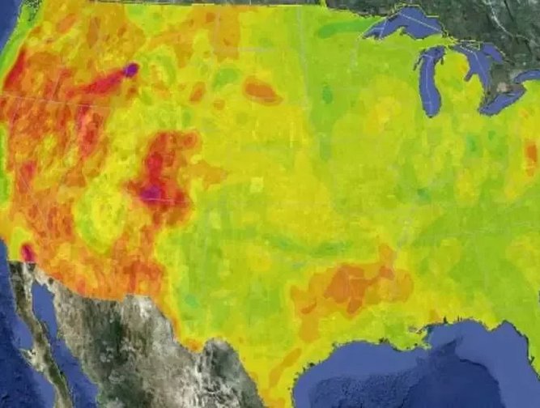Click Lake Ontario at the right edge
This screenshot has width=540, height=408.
pyautogui.click(x=529, y=76)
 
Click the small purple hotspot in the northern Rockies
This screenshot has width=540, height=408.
pyautogui.click(x=131, y=70)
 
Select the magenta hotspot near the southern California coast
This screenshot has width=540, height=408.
pyautogui.click(x=28, y=253)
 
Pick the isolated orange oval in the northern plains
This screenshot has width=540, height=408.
pyautogui.click(x=261, y=90)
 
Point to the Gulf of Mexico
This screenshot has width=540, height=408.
pyautogui.click(x=421, y=372)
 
